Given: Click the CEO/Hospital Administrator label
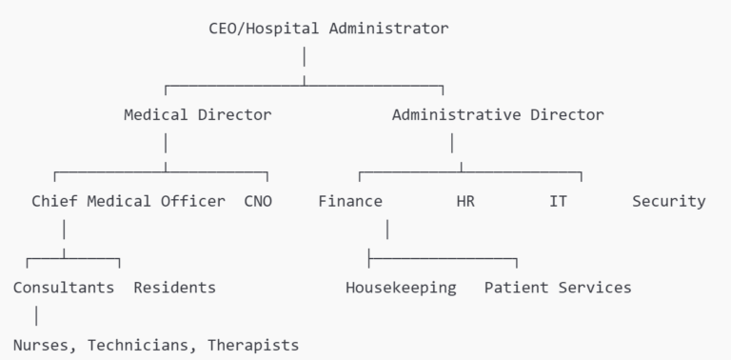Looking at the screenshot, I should [x=328, y=28].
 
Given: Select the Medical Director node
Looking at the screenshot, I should [x=197, y=114].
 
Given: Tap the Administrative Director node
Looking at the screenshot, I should [x=497, y=114].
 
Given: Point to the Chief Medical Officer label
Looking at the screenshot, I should [x=128, y=201].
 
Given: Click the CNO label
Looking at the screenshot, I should [x=258, y=201].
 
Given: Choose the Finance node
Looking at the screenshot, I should [x=350, y=201].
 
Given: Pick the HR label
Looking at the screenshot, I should [x=465, y=201].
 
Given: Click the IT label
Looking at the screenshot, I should [x=558, y=201].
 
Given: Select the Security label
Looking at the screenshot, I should [x=669, y=201].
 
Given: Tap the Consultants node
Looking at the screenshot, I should [x=64, y=287].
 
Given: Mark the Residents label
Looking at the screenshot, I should [x=174, y=287].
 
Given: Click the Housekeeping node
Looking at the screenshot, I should [x=401, y=287].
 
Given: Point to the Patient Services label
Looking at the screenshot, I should [x=558, y=287].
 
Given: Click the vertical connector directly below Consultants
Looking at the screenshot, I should [x=36, y=315].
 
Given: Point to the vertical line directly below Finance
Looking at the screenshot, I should [x=387, y=230].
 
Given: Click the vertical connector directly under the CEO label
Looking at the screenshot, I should [x=304, y=56].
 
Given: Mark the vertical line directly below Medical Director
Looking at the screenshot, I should [x=166, y=143].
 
